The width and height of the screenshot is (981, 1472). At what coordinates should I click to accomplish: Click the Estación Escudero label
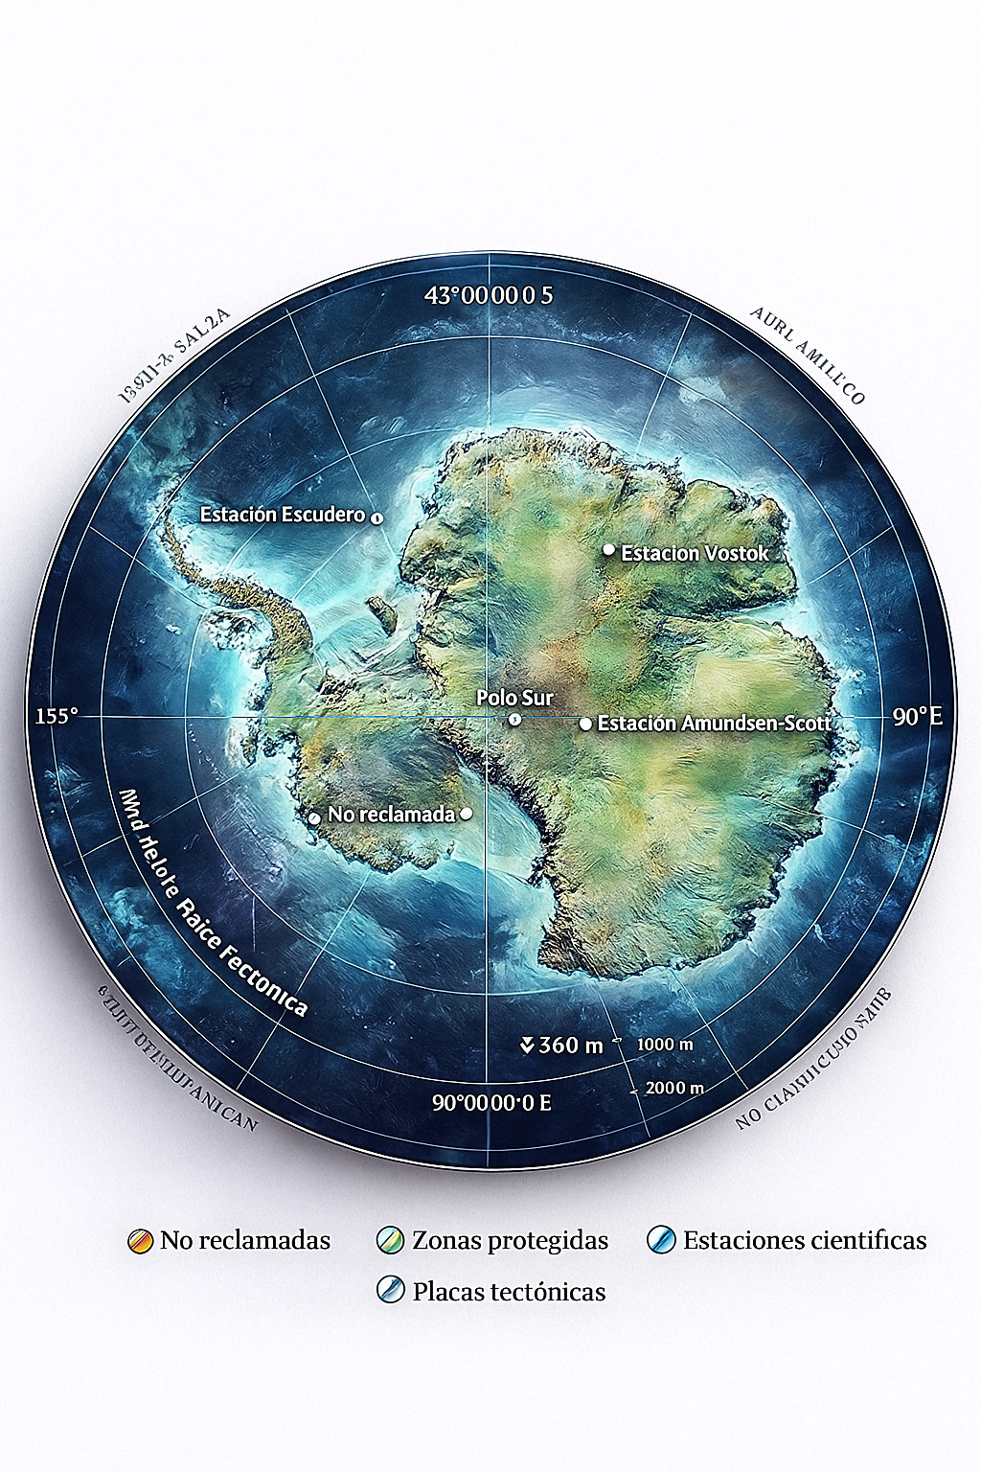tap(282, 515)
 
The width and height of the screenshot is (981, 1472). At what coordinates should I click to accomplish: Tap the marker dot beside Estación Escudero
tap(376, 517)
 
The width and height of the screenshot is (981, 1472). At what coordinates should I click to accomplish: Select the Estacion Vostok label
tap(695, 553)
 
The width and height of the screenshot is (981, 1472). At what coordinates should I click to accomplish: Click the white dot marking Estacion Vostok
tap(608, 549)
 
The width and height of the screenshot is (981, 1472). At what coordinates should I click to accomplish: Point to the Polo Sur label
tap(514, 699)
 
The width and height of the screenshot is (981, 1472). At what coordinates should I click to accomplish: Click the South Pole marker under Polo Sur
tap(514, 719)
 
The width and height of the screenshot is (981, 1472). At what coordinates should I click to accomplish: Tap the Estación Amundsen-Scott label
tap(714, 724)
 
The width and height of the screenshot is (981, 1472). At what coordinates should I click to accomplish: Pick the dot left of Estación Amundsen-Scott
tap(585, 724)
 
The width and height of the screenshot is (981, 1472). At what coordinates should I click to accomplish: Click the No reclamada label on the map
tap(391, 815)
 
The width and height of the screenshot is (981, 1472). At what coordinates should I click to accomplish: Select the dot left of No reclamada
tap(314, 818)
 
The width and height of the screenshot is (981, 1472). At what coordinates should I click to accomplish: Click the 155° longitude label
tap(56, 716)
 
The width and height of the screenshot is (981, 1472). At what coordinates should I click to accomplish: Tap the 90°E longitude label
tap(917, 717)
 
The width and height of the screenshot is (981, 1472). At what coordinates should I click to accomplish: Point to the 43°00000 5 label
tap(489, 295)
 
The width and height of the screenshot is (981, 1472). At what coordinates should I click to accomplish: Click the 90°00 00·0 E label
tap(491, 1102)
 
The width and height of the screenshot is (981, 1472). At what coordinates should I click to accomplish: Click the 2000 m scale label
tap(674, 1088)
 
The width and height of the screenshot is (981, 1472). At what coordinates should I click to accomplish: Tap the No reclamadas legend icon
tap(141, 1241)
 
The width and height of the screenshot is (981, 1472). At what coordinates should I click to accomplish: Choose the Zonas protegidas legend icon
tap(391, 1241)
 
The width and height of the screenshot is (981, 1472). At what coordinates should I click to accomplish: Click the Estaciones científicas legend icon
tap(661, 1241)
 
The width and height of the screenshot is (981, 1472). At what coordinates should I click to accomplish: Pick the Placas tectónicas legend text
tap(509, 1292)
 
